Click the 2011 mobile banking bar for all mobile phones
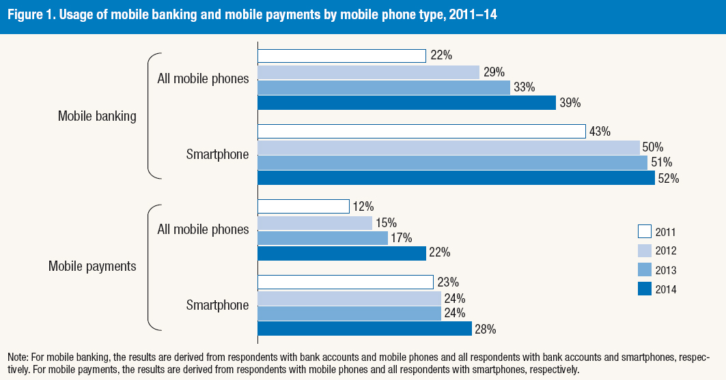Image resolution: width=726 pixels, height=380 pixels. (x=341, y=56)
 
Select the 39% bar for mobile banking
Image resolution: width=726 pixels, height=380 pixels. (x=406, y=102)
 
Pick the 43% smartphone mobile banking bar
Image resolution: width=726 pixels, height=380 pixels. (x=421, y=131)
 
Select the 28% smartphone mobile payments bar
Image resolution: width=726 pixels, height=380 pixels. (x=364, y=329)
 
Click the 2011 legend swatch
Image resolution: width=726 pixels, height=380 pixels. (x=645, y=231)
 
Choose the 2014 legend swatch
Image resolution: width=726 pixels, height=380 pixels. (x=645, y=289)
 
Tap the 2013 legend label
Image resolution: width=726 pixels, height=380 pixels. (x=667, y=269)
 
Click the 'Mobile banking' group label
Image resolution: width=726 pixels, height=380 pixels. (x=97, y=116)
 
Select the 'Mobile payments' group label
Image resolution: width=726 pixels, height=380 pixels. (x=92, y=266)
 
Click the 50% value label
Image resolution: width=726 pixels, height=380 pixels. (x=652, y=147)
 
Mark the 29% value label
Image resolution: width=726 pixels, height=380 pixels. (x=492, y=72)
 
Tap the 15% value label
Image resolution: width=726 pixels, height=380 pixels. (x=386, y=222)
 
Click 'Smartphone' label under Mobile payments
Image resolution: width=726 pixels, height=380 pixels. (x=217, y=305)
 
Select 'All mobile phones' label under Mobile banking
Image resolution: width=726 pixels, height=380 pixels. (x=203, y=78)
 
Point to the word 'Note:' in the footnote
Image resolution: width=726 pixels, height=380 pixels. (x=19, y=357)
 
